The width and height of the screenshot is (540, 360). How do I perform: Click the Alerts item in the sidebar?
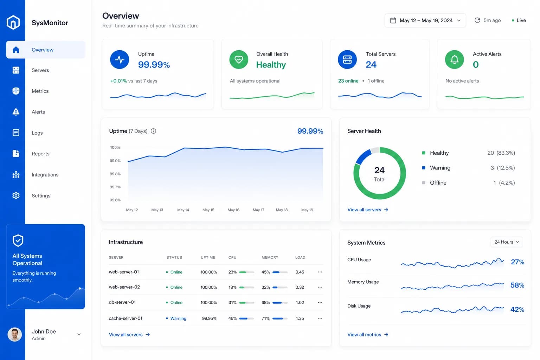point(38,112)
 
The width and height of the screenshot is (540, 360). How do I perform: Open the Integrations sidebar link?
point(45,175)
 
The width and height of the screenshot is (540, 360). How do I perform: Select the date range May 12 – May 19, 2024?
point(425,20)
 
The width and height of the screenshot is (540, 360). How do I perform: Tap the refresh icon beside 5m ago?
point(477,20)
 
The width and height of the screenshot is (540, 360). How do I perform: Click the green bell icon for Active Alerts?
point(455,59)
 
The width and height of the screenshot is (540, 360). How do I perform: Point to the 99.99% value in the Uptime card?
point(154,65)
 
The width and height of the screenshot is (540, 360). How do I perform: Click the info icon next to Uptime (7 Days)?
point(153,131)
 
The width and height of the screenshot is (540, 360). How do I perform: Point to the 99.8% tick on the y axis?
point(115,174)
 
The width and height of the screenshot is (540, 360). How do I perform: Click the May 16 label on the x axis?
point(233,210)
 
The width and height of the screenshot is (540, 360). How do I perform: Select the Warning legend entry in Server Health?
point(440,168)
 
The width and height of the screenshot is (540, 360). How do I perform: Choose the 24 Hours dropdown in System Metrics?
point(507,242)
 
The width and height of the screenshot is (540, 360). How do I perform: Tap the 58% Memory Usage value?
point(517,285)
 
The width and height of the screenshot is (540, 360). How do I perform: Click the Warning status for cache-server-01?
point(178,318)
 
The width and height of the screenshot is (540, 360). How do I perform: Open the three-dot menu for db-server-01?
point(320,302)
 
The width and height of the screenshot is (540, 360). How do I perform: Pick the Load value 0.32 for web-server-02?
point(300,287)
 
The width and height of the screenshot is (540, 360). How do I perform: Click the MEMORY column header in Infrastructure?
point(270,257)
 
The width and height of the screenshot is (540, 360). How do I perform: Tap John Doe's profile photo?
point(15,334)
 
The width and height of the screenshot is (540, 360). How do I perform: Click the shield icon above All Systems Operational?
point(18,240)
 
